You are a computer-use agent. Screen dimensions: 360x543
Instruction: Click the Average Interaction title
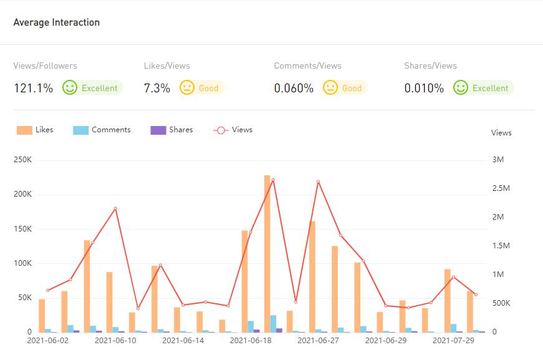coord(56,22)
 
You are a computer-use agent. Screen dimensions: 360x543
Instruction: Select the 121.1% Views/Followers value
coord(33,88)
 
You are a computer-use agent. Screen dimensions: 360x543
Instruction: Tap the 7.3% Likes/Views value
coord(156,88)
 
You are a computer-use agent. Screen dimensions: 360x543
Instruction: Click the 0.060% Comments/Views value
coord(294,88)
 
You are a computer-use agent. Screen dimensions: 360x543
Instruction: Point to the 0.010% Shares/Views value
coord(424,88)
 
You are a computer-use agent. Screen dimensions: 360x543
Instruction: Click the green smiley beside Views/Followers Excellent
coord(70,87)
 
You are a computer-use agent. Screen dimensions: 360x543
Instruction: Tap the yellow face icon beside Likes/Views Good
coord(187,87)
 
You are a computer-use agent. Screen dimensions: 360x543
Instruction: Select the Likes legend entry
coord(36,130)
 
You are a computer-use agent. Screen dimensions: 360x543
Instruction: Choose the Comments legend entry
coord(102,130)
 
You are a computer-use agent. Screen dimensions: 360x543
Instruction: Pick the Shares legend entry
coord(172,130)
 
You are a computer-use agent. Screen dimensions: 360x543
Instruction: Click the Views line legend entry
coord(233,130)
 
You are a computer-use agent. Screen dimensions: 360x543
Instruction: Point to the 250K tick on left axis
coord(22,160)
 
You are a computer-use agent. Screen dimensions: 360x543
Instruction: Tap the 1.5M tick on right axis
coord(501,246)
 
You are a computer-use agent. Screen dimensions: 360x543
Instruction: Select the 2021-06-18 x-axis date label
coord(251,341)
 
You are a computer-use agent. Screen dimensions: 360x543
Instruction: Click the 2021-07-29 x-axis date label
coord(453,341)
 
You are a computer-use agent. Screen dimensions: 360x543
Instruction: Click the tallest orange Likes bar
coord(267,253)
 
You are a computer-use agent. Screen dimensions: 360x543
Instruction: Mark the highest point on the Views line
coord(273,180)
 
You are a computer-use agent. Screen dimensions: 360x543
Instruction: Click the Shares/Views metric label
coord(430,66)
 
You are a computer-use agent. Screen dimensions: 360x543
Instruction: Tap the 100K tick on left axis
coord(22,263)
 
